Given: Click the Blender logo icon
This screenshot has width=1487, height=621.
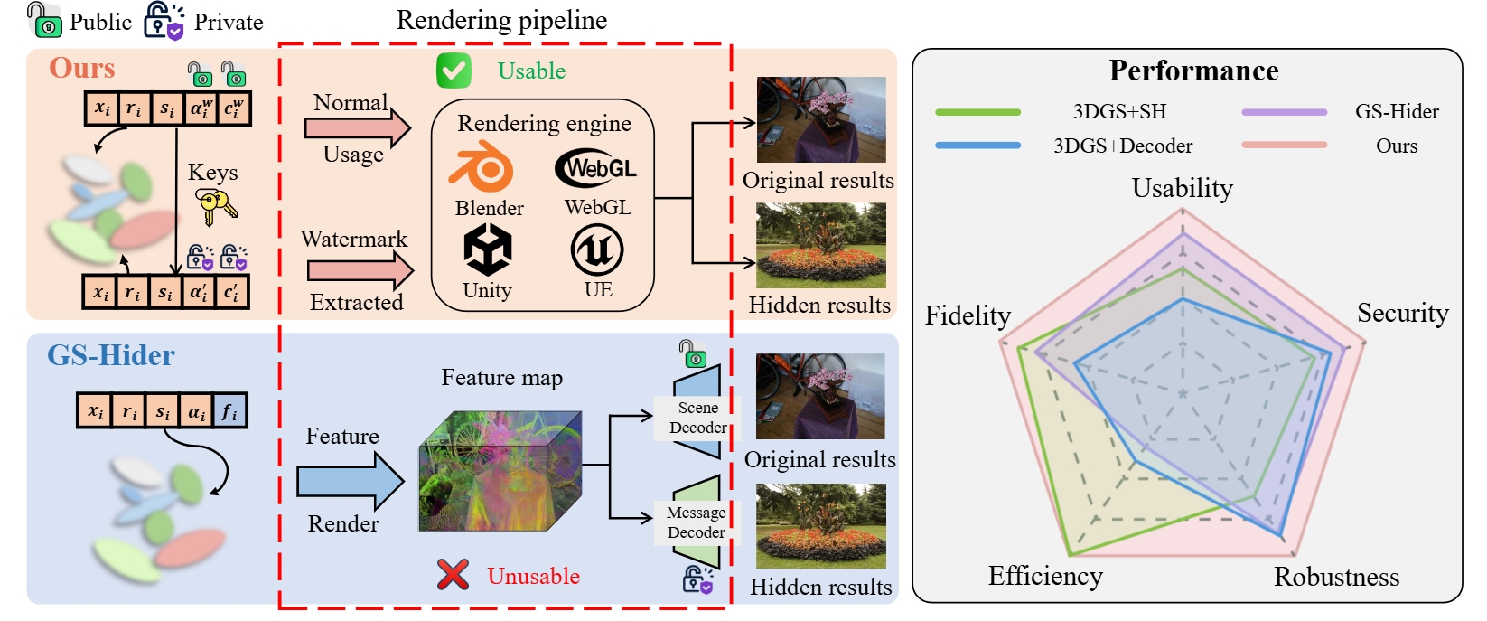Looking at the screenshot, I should click(x=482, y=166).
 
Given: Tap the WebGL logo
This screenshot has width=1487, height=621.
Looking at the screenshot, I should click(x=596, y=168).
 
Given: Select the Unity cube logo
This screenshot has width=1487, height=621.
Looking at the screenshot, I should click(x=488, y=249).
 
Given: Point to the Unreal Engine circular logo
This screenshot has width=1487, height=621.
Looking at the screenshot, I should click(x=597, y=249).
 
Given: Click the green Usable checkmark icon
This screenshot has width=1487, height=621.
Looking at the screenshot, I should click(x=454, y=71).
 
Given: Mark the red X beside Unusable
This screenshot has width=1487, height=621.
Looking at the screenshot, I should click(x=453, y=575).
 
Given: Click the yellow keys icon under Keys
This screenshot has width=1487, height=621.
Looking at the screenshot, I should click(x=216, y=207).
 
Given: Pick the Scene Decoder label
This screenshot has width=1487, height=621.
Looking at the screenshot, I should click(x=697, y=418).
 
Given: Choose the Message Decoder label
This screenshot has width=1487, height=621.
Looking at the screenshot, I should click(x=696, y=522).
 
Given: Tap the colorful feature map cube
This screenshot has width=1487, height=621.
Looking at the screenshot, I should click(x=500, y=471).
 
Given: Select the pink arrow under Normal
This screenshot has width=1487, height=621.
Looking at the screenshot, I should click(x=358, y=128).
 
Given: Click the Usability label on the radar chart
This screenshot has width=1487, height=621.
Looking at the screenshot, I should click(x=1182, y=188).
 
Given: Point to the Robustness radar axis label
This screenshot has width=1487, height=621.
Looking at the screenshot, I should click(x=1336, y=577).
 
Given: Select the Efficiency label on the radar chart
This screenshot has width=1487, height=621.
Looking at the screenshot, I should click(x=1045, y=576).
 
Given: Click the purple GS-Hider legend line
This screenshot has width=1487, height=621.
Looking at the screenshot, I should click(x=1284, y=112).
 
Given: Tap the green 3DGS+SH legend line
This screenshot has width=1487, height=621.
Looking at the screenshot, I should click(x=977, y=112).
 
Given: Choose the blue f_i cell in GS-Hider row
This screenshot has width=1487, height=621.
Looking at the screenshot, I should click(x=230, y=412).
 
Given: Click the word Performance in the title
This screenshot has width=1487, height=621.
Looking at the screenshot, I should click(x=1193, y=71).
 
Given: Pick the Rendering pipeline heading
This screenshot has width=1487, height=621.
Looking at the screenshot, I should click(x=501, y=20).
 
